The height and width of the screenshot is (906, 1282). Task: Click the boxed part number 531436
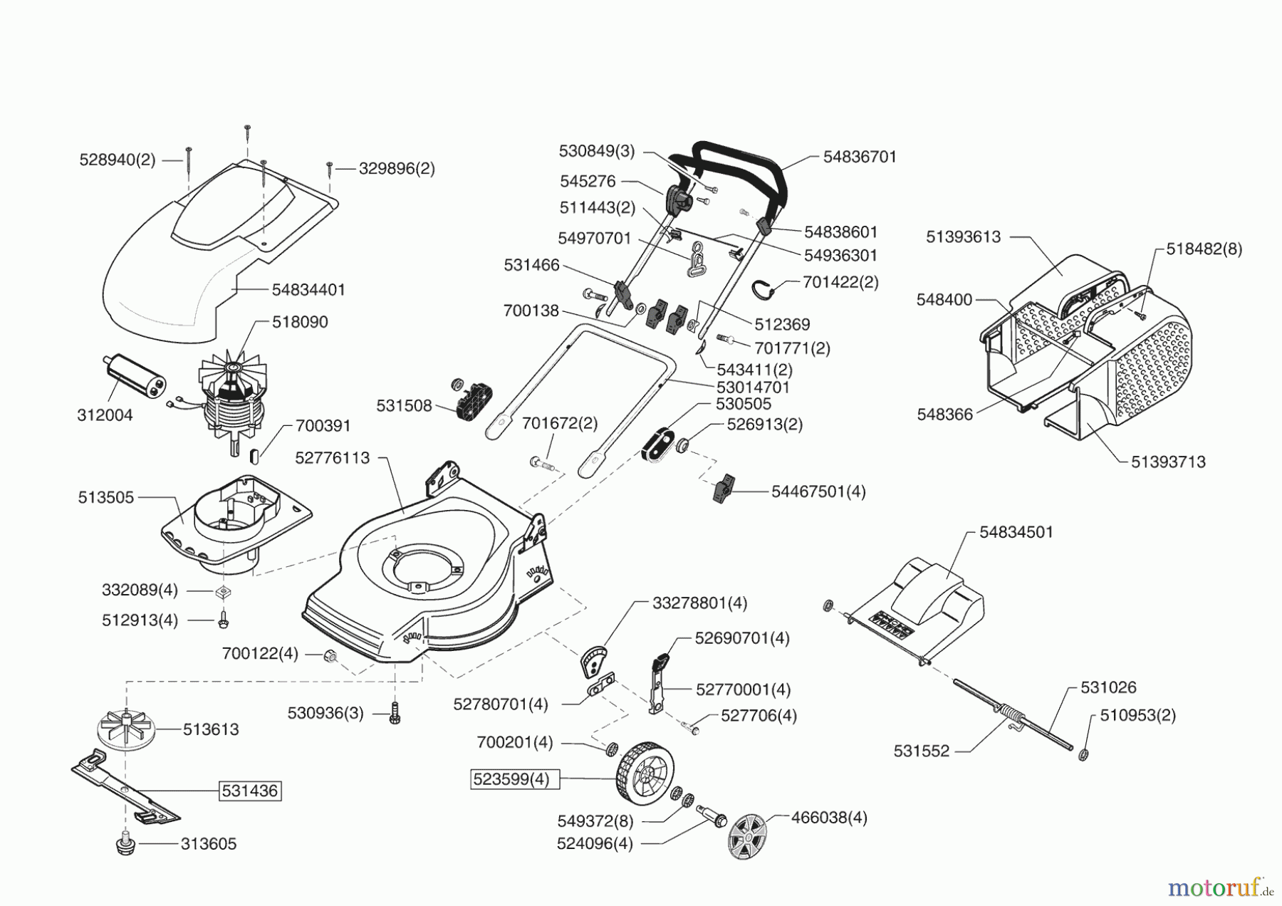pos(249,791)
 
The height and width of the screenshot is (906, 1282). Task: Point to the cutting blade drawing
pos(125,787)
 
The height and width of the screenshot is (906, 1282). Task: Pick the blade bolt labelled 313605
pos(125,845)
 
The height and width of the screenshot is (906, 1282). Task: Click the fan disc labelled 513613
pos(125,729)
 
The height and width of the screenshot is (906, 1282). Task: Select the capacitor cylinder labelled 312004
pos(133,375)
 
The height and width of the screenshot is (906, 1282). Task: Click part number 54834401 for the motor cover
pos(308,290)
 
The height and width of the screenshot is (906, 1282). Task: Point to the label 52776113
pos(333,458)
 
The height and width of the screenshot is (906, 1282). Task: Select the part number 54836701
pos(860,157)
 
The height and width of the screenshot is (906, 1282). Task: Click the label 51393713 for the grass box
pos(1168,462)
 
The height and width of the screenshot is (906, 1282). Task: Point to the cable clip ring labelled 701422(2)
pos(763,288)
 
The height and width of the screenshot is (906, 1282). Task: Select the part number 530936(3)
pos(325,713)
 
